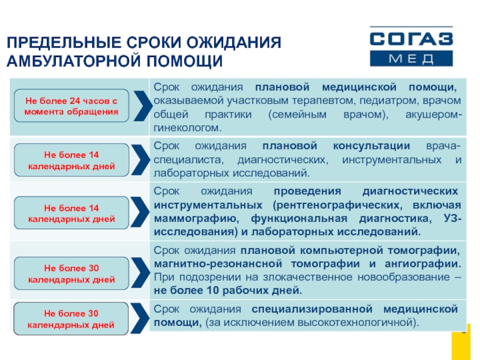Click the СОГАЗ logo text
pyautogui.click(x=411, y=40)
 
